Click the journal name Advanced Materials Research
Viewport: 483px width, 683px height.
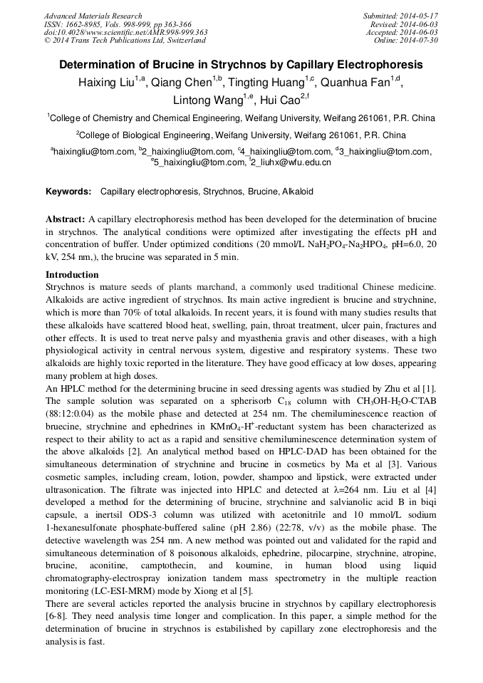click(93, 16)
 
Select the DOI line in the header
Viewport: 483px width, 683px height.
click(125, 32)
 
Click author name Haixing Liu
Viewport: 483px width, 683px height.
click(108, 83)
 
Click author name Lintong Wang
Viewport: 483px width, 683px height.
click(207, 101)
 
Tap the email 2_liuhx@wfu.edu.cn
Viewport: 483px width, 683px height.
click(292, 163)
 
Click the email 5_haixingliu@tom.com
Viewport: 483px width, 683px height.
click(199, 163)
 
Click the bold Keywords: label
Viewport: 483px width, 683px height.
click(68, 192)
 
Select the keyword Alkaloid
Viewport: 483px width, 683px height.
click(298, 192)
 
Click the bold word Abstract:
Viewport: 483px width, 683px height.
click(65, 219)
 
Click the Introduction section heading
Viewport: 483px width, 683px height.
click(72, 275)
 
